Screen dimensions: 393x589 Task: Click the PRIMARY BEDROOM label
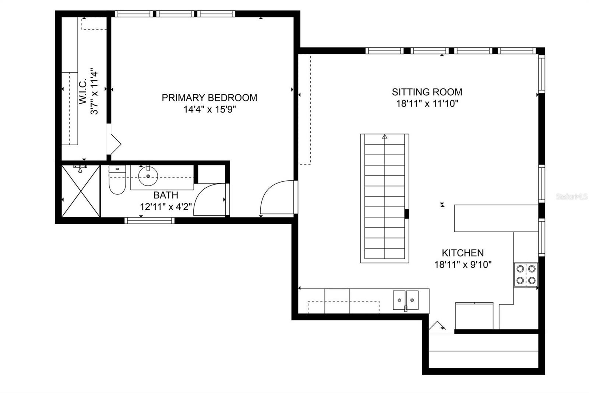point(209,98)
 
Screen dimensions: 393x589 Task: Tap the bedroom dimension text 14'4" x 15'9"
point(209,109)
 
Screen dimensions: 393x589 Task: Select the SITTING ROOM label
point(427,92)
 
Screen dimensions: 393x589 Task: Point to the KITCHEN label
point(462,253)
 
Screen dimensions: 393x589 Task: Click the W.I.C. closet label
point(83,90)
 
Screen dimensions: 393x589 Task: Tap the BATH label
point(166,195)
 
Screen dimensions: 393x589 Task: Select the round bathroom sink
point(148,177)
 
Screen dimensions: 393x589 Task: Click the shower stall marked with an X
point(81,191)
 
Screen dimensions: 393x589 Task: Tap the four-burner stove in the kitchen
point(526,274)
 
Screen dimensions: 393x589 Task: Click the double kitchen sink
point(406,300)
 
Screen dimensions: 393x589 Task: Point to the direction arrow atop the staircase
point(385,137)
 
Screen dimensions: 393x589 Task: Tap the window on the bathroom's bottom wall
point(149,220)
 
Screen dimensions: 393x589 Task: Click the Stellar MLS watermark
point(572,197)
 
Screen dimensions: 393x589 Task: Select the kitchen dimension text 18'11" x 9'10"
point(463,264)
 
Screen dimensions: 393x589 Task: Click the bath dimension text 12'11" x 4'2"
point(166,207)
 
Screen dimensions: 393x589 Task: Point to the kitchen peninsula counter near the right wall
point(496,218)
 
